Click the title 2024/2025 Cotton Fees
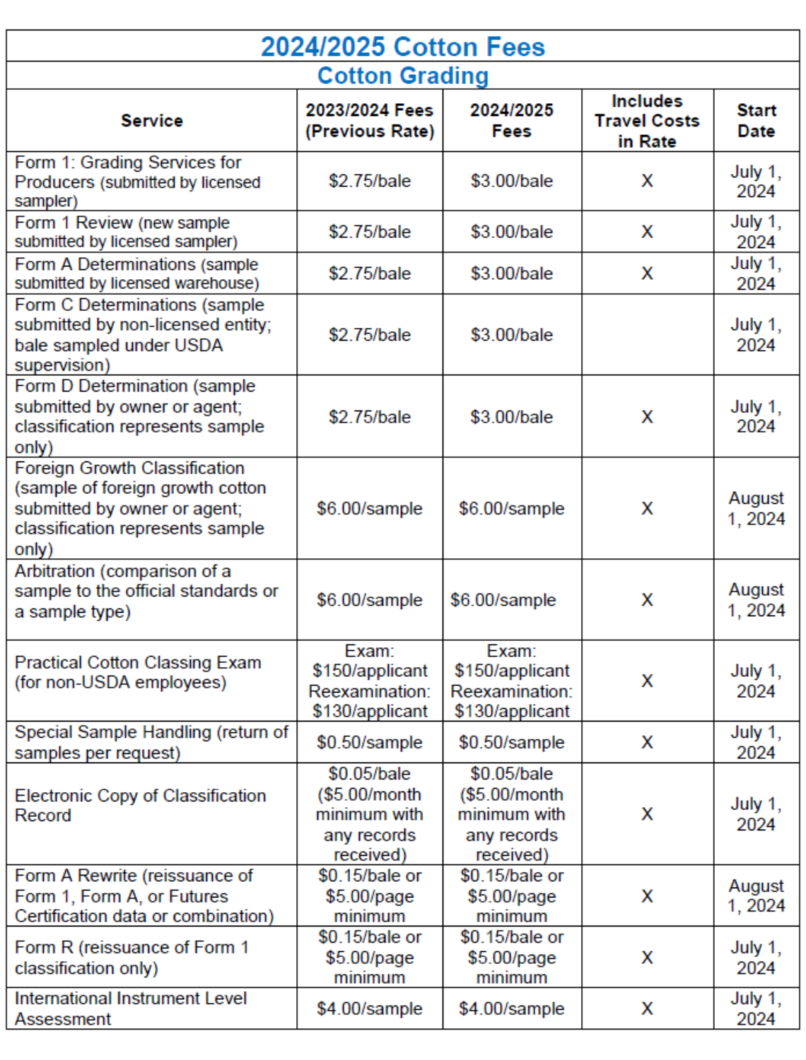[402, 47]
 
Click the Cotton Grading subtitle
[402, 76]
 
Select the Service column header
[151, 121]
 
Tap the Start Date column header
[756, 121]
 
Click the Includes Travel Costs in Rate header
[647, 121]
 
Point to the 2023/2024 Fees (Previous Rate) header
[369, 121]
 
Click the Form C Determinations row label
[142, 334]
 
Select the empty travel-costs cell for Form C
[647, 334]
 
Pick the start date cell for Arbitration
[756, 600]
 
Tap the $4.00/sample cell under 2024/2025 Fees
[511, 1008]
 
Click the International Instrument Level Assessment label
[131, 1008]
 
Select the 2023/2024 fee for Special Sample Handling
[369, 742]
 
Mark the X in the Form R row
[647, 958]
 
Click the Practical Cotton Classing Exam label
[138, 672]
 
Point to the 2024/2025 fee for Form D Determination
[511, 417]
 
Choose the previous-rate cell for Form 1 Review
[369, 232]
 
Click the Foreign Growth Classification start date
[756, 509]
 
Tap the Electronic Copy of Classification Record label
[140, 805]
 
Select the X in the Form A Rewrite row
[647, 896]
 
